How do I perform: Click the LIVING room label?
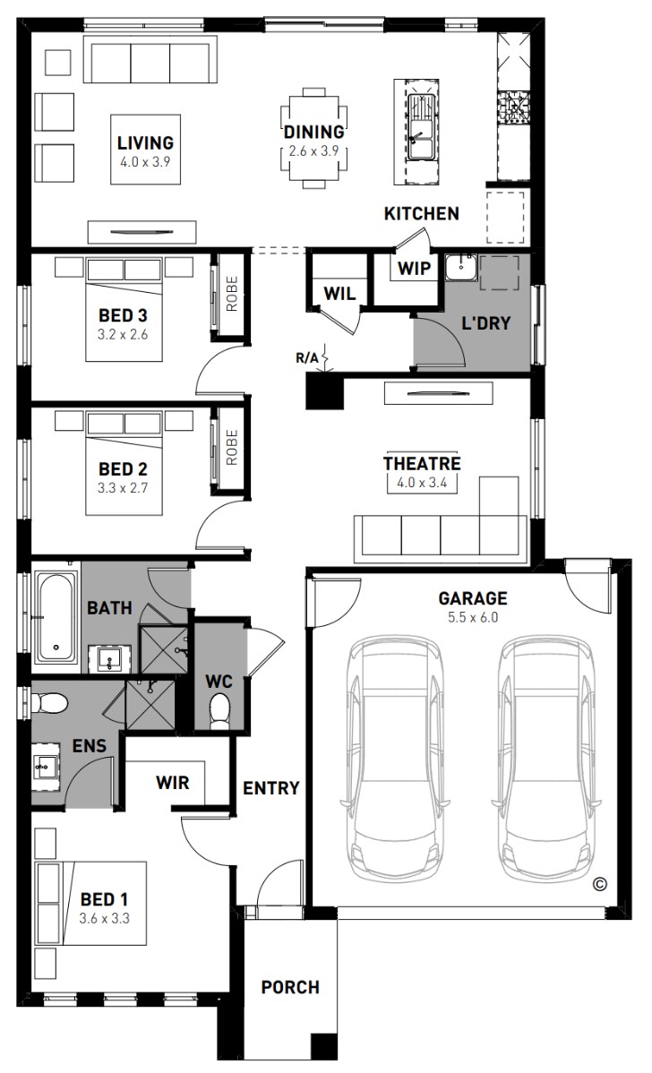[x=145, y=143]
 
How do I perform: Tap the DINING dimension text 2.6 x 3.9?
[x=313, y=150]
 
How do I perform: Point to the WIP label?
[x=415, y=268]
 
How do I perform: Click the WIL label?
[x=339, y=294]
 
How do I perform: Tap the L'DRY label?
[x=485, y=323]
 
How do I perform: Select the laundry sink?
[x=462, y=266]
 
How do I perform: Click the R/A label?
[x=306, y=357]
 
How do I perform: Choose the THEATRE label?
[x=422, y=463]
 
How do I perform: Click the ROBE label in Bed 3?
[x=231, y=294]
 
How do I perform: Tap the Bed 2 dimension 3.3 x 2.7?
[x=124, y=488]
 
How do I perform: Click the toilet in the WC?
[x=219, y=711]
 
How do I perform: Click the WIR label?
[x=173, y=782]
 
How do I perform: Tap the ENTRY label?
[x=271, y=788]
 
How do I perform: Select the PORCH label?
[x=290, y=987]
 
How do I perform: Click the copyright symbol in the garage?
[x=599, y=884]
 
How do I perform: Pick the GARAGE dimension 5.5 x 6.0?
[x=473, y=617]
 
